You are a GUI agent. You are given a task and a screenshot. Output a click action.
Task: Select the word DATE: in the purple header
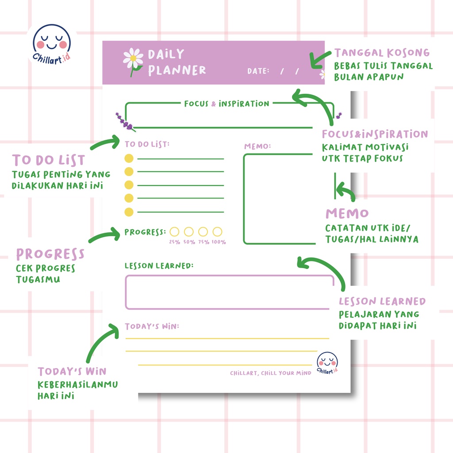pyautogui.click(x=258, y=71)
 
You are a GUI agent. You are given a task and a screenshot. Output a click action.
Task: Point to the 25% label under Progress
pyautogui.click(x=174, y=242)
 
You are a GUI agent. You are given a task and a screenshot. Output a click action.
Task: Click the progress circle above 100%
pyautogui.click(x=217, y=231)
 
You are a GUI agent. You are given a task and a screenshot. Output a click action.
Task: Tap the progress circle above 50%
pyautogui.click(x=189, y=231)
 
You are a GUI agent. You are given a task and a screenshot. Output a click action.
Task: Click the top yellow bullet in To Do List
pyautogui.click(x=129, y=158)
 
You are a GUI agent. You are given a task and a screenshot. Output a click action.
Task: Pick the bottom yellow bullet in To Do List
pyautogui.click(x=129, y=212)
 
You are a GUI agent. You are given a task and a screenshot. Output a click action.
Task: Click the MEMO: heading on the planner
pyautogui.click(x=257, y=146)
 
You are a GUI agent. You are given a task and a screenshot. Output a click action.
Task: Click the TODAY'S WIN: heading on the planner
pyautogui.click(x=152, y=326)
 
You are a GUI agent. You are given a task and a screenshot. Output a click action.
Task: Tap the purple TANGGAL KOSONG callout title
pyautogui.click(x=382, y=53)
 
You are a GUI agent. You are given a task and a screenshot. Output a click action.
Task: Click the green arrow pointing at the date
pyautogui.click(x=320, y=59)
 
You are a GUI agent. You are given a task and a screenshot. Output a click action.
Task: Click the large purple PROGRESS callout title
pyautogui.click(x=50, y=254)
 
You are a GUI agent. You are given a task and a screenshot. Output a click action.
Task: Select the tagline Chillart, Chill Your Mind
pyautogui.click(x=270, y=373)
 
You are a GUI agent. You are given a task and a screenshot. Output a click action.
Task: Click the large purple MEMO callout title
pyautogui.click(x=347, y=213)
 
